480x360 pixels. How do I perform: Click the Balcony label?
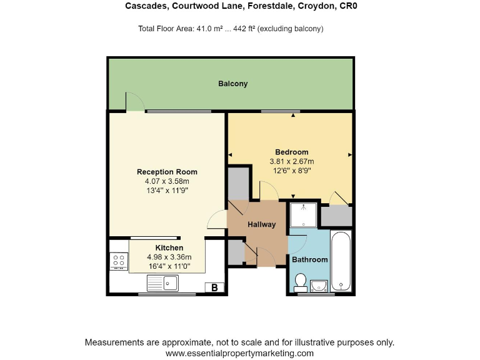coord(232,84)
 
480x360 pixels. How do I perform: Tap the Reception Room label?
coord(167,172)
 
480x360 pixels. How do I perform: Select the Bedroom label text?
coord(292,152)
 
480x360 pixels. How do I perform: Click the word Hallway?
coord(262,224)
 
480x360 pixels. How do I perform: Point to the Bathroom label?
coord(311,259)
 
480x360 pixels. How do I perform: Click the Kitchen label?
coord(169,248)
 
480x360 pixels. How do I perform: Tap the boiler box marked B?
coord(214,287)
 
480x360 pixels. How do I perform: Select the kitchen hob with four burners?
coord(118,261)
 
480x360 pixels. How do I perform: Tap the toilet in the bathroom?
coord(300,282)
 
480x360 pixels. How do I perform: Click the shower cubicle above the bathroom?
coord(304,214)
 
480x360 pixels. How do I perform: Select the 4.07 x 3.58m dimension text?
coord(167,181)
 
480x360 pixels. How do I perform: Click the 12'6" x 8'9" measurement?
coord(292,170)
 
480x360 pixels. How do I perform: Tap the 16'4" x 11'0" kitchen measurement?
coord(169,266)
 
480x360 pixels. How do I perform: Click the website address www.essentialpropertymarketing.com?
coord(239,353)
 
